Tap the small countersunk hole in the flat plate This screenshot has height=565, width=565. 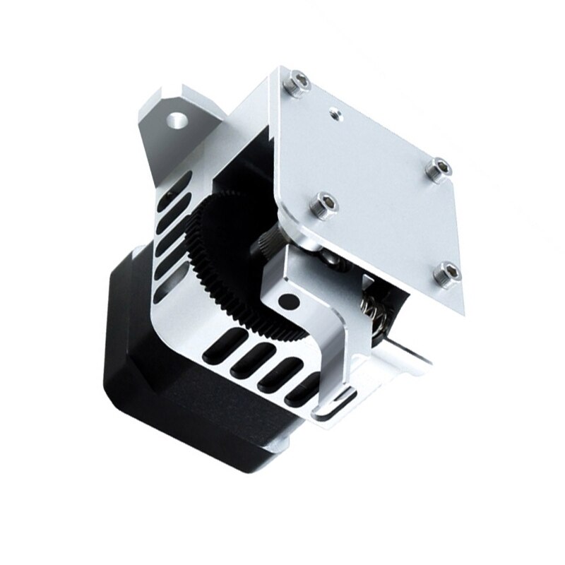pos(335,110)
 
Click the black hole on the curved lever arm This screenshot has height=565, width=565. pos(285,302)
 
